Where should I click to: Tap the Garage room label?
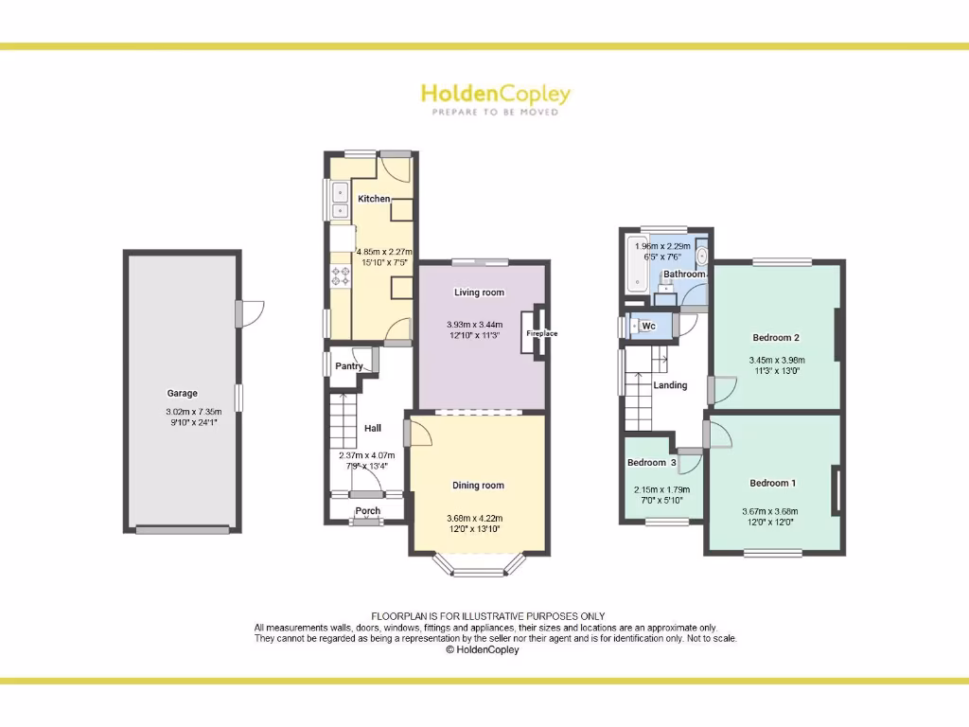pos(183,393)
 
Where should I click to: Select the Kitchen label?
pos(374,199)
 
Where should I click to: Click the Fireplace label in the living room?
pos(542,333)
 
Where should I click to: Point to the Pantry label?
pos(349,366)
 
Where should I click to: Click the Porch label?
pos(368,511)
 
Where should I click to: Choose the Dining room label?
pos(478,486)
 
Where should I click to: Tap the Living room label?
pos(479,293)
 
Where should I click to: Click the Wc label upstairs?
pos(648,326)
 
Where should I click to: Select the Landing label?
pos(670,385)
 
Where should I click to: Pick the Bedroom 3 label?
pos(652,463)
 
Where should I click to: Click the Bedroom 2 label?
pos(776,338)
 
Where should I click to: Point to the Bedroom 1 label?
pos(772,484)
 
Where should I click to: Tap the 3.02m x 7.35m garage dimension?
pos(183,412)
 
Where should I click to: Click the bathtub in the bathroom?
pos(636,266)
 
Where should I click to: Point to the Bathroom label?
pos(683,275)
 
